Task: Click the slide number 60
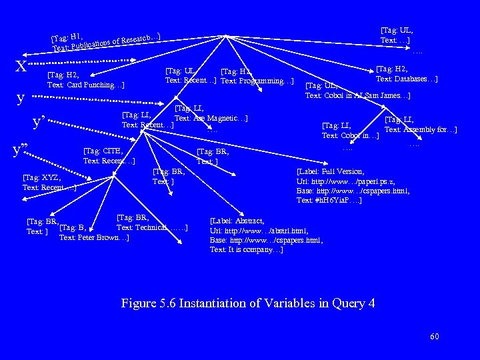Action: [435, 337]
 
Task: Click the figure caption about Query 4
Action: [248, 303]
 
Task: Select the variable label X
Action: [21, 66]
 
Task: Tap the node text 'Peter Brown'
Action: [88, 237]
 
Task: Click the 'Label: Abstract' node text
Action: [237, 221]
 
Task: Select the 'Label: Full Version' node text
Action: [331, 171]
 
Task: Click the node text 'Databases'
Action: [407, 79]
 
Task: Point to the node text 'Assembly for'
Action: [420, 129]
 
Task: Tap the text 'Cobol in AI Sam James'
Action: [357, 95]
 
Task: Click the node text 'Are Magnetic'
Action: [211, 118]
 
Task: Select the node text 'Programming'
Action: [257, 81]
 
